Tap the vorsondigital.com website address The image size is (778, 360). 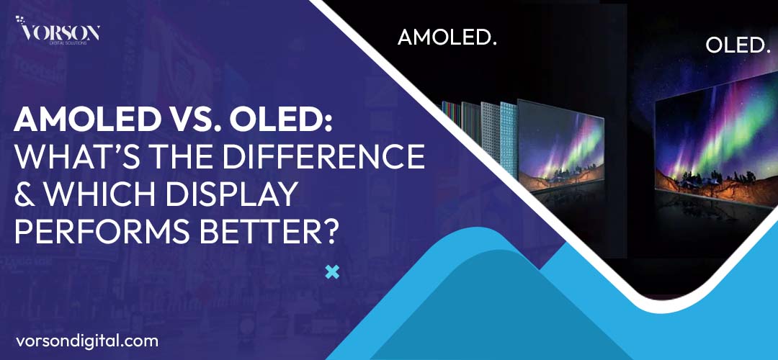click(86, 340)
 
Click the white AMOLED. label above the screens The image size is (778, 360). click(447, 38)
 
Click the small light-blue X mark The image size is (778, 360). click(332, 272)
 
